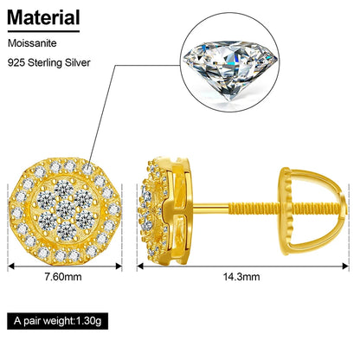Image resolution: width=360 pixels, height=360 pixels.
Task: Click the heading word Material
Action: [43, 17]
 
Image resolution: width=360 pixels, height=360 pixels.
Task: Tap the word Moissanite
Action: [32, 43]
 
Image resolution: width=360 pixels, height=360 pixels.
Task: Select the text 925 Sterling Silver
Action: [49, 62]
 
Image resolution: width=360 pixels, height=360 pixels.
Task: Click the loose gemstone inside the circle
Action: [230, 70]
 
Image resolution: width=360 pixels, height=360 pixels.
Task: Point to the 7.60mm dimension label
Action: [63, 277]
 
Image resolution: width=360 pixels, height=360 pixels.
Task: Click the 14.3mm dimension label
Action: [241, 277]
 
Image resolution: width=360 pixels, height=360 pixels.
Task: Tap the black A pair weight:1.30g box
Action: [58, 321]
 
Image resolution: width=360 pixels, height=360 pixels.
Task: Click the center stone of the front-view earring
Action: [66, 209]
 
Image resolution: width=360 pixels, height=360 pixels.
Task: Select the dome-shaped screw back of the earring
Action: [313, 211]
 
